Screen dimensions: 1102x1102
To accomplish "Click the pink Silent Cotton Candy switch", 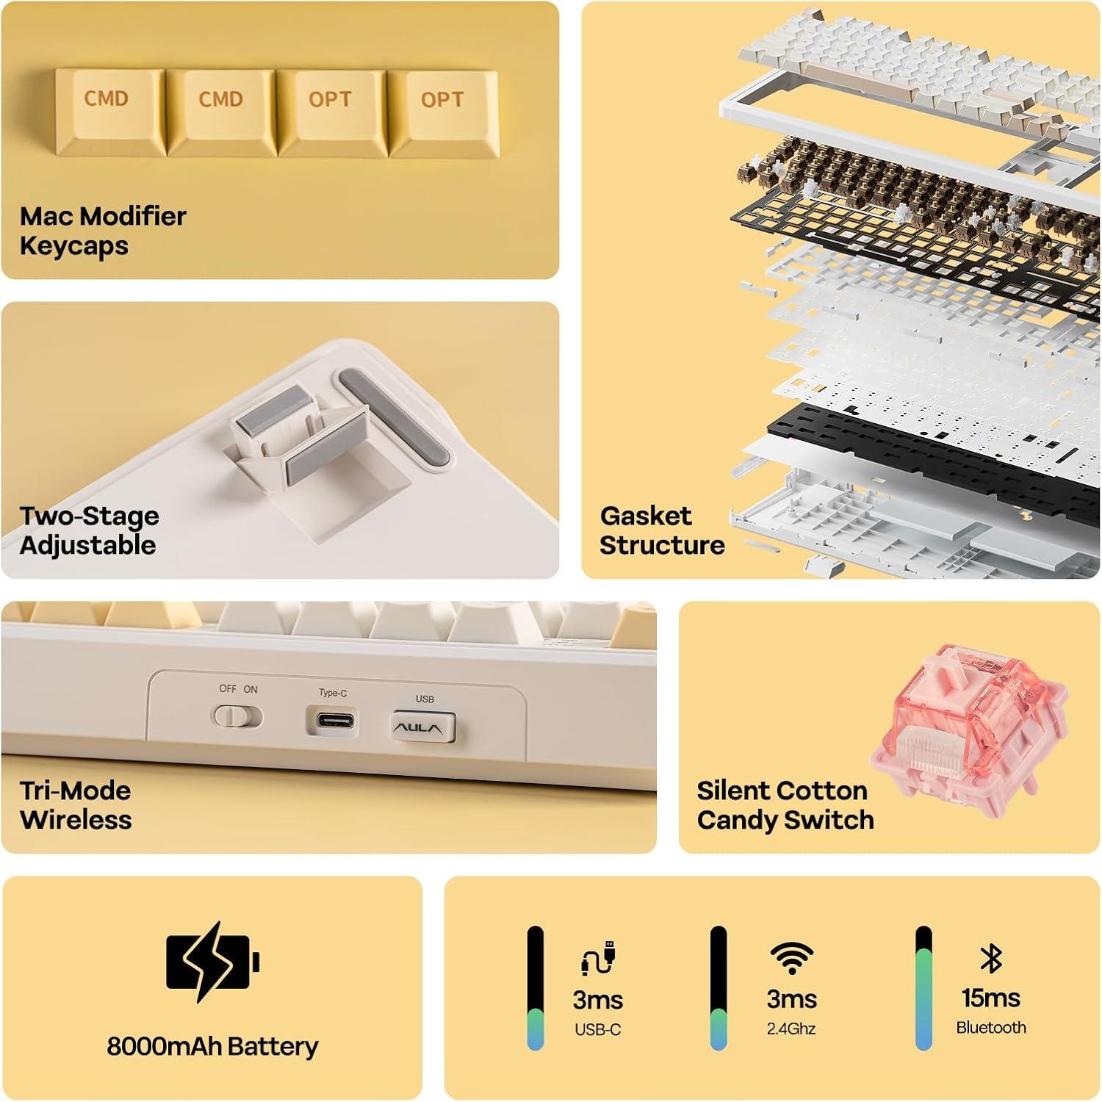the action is (x=970, y=723).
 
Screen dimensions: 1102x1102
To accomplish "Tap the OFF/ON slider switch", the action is (x=237, y=716).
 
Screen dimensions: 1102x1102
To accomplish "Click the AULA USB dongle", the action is (x=422, y=727).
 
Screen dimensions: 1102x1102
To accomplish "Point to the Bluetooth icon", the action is (x=991, y=958).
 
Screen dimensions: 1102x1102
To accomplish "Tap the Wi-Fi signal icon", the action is (x=791, y=958).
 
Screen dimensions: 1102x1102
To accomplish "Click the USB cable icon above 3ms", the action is (x=598, y=957).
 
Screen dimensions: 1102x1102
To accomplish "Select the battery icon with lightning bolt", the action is (x=213, y=962).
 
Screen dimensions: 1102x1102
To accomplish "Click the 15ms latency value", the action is (x=991, y=998).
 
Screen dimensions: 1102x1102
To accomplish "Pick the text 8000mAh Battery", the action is (x=212, y=1046).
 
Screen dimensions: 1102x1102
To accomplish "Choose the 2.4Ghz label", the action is (x=791, y=1029).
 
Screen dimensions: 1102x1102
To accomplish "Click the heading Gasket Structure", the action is (x=662, y=530).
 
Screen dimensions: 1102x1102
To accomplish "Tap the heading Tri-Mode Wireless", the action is (x=76, y=805).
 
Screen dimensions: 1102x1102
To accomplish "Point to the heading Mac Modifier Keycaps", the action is (x=103, y=231).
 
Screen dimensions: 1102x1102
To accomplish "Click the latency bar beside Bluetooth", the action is (x=923, y=988).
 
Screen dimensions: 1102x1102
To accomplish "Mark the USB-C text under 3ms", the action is (x=598, y=1030).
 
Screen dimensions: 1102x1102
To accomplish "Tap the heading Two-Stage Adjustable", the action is (x=89, y=530).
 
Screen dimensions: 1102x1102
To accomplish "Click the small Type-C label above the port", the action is (x=333, y=693).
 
